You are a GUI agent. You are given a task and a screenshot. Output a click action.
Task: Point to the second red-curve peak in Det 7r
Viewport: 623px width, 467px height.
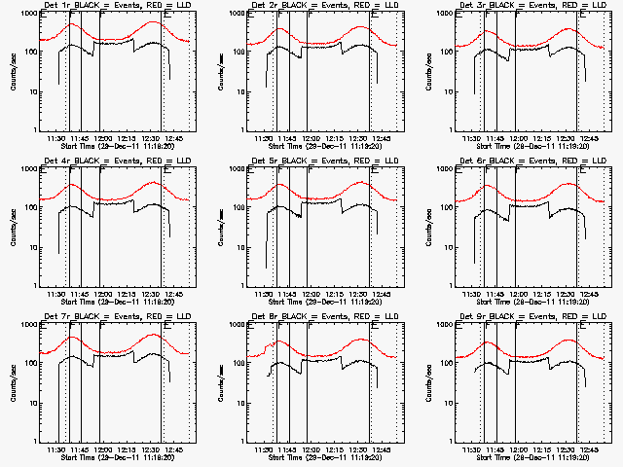[x=157, y=335]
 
